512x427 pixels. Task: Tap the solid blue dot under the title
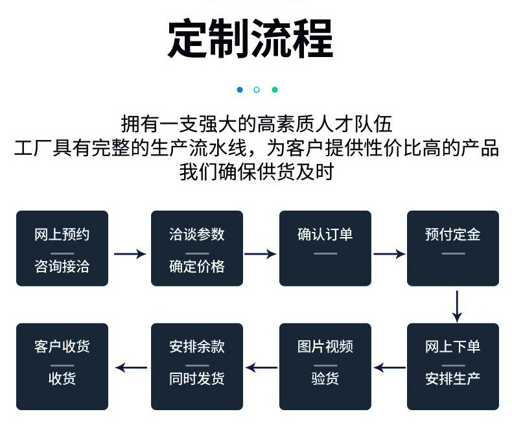[x=240, y=89]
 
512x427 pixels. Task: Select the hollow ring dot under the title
[x=257, y=89]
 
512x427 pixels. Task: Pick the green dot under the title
[x=274, y=89]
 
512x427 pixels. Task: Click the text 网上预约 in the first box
[x=62, y=235]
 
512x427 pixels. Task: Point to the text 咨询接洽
[x=62, y=266]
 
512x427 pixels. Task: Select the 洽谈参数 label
[x=197, y=235]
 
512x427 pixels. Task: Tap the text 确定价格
[x=197, y=266]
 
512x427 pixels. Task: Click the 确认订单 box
[x=325, y=248]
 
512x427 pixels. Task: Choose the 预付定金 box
[x=453, y=248]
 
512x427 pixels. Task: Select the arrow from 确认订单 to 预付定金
[x=389, y=254]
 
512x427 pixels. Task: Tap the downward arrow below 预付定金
[x=457, y=306]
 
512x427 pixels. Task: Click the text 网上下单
[x=453, y=347]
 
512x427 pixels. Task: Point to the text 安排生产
[x=453, y=378]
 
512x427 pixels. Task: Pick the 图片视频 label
[x=325, y=347]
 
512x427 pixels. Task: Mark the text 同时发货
[x=197, y=378]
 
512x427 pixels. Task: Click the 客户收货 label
[x=62, y=347]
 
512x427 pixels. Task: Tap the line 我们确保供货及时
[x=256, y=172]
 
